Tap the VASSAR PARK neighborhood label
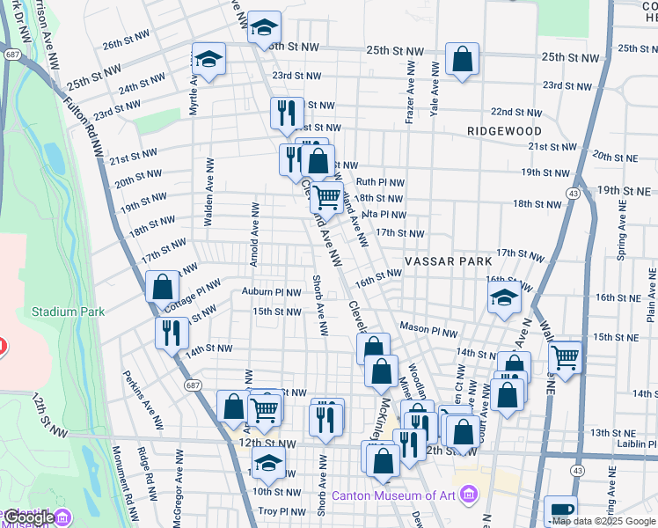click(x=444, y=262)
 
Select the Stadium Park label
click(x=68, y=312)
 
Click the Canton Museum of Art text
click(x=393, y=494)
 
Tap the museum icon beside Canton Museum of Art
click(x=467, y=494)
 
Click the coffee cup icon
click(x=560, y=510)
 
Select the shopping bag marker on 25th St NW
click(x=462, y=60)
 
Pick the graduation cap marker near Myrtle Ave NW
click(x=208, y=60)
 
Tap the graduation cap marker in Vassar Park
click(x=504, y=298)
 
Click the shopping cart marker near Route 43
click(x=564, y=357)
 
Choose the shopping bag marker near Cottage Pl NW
click(x=163, y=288)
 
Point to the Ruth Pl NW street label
click(x=379, y=183)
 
